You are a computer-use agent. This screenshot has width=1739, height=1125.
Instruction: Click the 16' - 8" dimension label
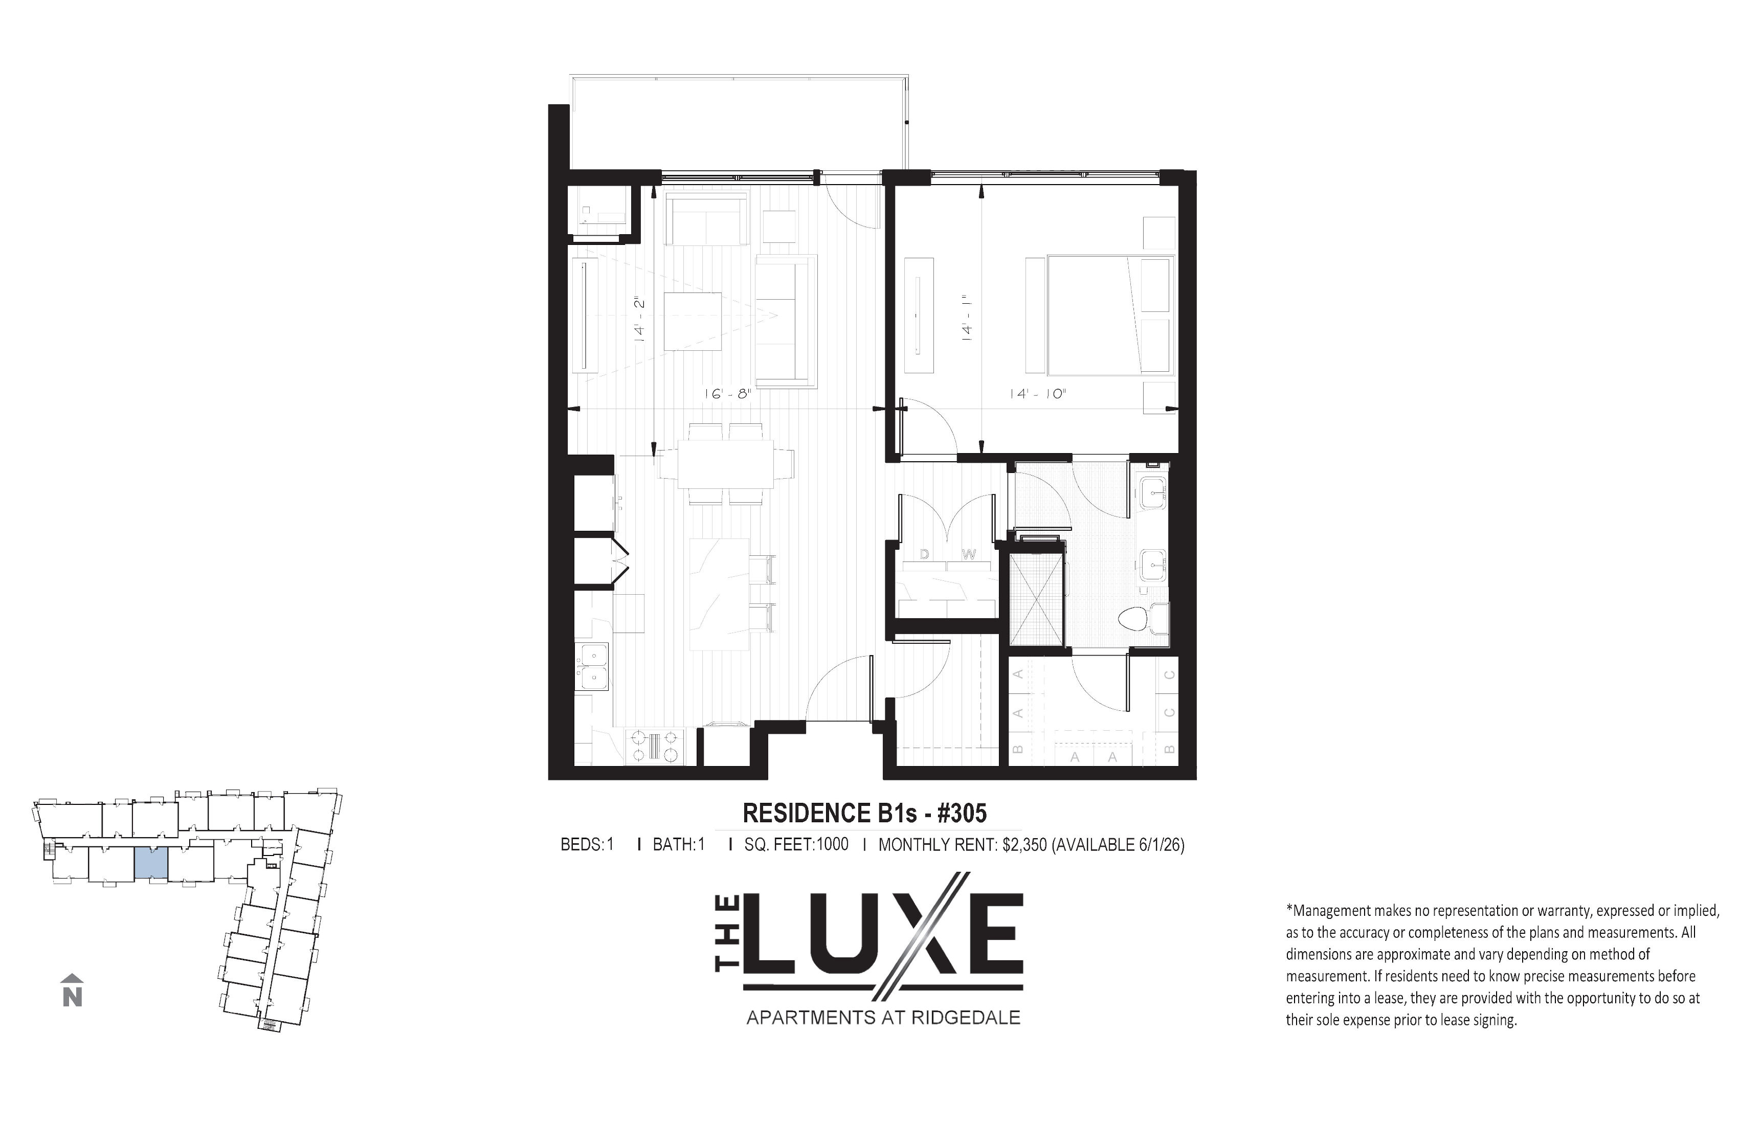tap(727, 394)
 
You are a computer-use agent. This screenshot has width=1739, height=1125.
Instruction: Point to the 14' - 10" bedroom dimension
tap(1038, 394)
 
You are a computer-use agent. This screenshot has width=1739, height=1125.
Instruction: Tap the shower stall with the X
tap(1036, 600)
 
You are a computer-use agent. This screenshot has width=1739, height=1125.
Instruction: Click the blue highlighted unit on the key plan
tap(151, 864)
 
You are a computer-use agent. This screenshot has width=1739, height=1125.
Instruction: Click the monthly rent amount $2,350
tap(1024, 845)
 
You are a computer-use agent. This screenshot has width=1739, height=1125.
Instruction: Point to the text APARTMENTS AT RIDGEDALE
tap(883, 1018)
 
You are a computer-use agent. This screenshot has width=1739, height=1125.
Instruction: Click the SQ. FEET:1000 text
tap(796, 845)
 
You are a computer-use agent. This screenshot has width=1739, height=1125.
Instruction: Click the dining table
tap(726, 463)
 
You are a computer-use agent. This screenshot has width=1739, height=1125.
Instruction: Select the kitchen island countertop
tap(720, 593)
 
